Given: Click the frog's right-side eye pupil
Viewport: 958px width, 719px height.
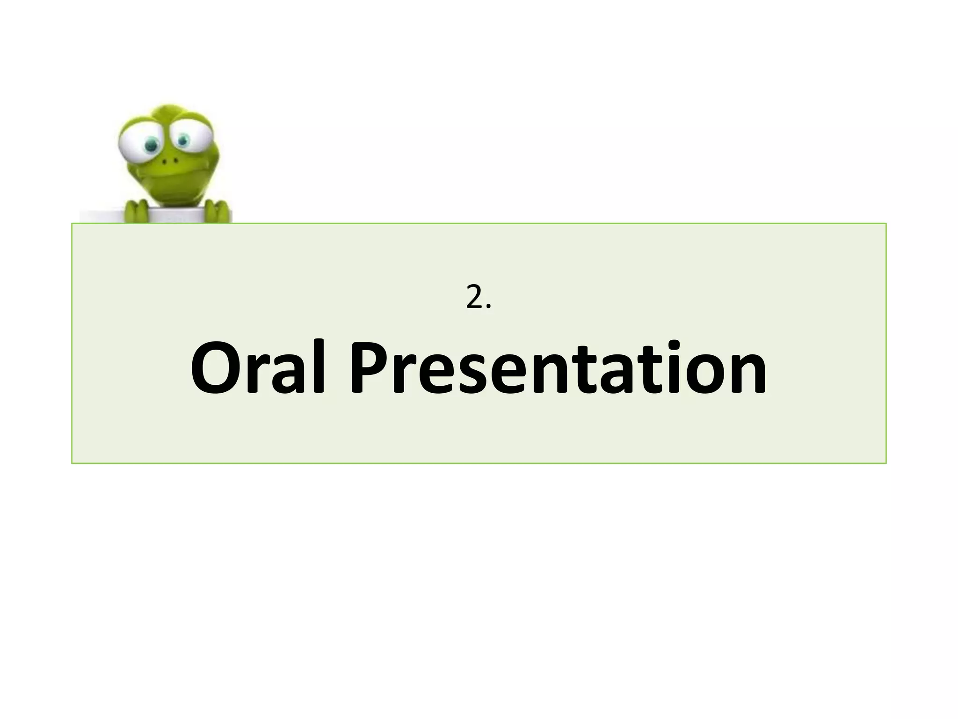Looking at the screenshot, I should coord(183,139).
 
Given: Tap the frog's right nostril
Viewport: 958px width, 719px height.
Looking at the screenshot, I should coord(176,161).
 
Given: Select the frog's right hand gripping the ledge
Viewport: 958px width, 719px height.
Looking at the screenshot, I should coord(216,211).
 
